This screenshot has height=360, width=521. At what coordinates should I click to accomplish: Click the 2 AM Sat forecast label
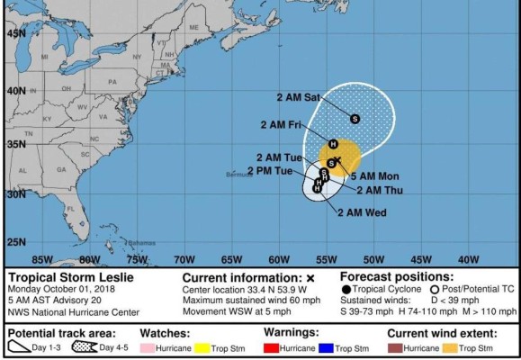[x=301, y=96]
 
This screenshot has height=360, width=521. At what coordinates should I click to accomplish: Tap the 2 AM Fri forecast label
[x=281, y=124]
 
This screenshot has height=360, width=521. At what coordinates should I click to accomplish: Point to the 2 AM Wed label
[x=362, y=212]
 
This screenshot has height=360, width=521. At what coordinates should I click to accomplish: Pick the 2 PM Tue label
[x=271, y=170]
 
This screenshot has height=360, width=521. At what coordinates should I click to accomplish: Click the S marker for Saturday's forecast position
[x=355, y=118]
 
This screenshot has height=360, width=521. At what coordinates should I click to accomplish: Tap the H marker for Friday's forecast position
[x=333, y=144]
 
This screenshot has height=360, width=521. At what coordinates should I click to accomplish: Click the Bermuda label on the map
[x=237, y=174]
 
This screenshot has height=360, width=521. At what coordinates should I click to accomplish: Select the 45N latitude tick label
[x=15, y=32]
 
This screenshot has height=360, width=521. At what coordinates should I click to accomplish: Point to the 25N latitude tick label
[x=15, y=241]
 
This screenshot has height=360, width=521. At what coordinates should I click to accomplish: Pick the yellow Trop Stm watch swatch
[x=225, y=347]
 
